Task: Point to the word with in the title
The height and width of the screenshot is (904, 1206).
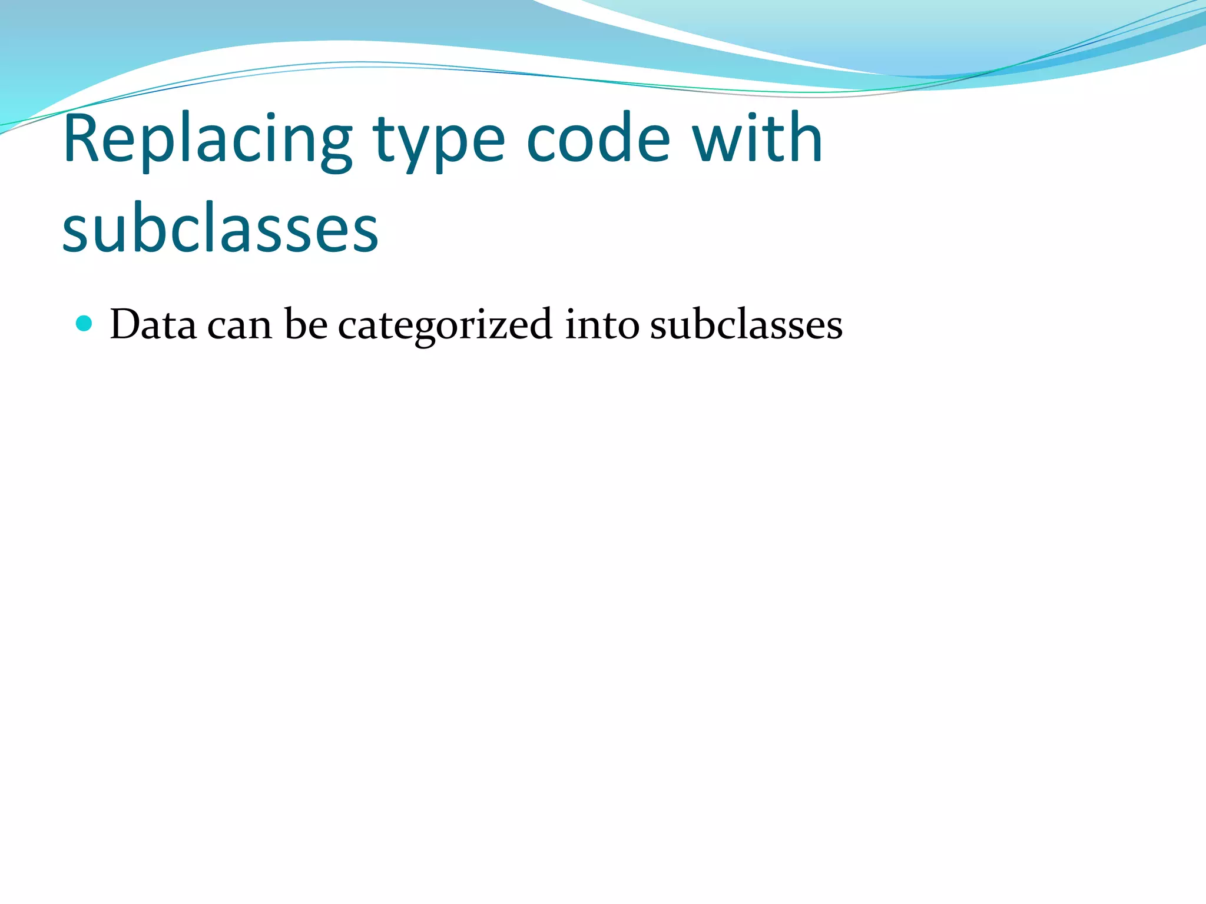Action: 757,139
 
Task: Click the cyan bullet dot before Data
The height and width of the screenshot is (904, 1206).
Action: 85,324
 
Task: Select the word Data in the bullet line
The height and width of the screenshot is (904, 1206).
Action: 153,325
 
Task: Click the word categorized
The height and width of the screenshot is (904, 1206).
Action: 445,326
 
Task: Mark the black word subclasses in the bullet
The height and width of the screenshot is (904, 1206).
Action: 746,325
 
